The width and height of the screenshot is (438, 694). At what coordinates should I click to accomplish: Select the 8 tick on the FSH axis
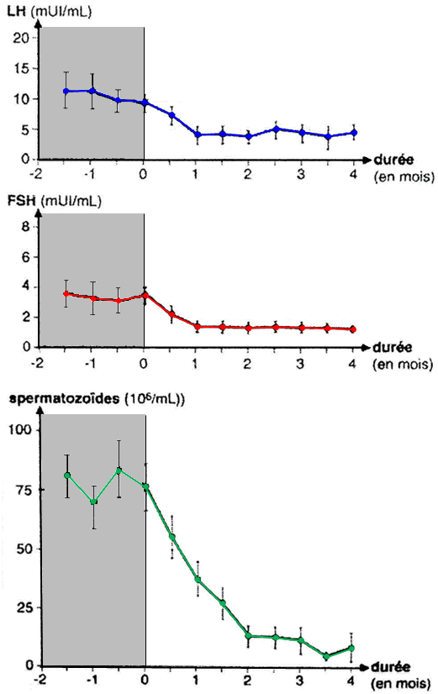(x=27, y=227)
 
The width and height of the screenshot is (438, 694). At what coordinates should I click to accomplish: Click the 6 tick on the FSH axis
(x=27, y=257)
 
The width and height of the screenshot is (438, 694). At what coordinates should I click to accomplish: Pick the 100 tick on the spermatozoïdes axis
(x=22, y=430)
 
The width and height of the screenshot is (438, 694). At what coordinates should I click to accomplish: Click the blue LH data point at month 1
(x=197, y=134)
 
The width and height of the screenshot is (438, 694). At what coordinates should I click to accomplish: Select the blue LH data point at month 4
(x=353, y=133)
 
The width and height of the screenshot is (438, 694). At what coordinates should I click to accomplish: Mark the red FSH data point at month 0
(x=145, y=295)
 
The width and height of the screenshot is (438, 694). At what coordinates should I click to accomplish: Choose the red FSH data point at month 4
(x=353, y=329)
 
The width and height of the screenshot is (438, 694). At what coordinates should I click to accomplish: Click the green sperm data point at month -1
(x=93, y=502)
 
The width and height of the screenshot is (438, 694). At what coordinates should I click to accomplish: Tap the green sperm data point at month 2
(x=249, y=636)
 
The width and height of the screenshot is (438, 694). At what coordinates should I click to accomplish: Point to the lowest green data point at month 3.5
(x=327, y=656)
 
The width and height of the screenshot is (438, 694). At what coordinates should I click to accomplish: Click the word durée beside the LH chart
(x=393, y=160)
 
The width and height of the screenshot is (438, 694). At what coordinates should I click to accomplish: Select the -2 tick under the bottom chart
(x=40, y=680)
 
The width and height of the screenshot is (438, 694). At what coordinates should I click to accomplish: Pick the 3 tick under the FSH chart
(x=301, y=364)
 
